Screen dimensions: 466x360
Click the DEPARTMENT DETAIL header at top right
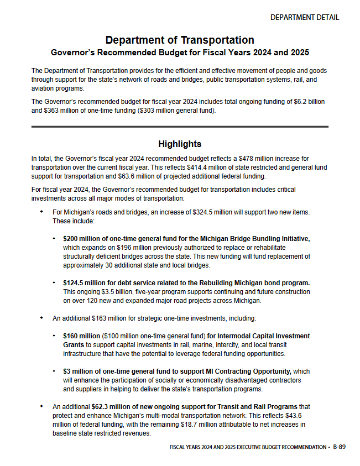pyautogui.click(x=304, y=17)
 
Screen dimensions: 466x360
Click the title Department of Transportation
pyautogui.click(x=180, y=40)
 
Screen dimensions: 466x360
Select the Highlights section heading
pyautogui.click(x=180, y=144)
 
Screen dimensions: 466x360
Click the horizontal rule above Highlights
pyautogui.click(x=180, y=127)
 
